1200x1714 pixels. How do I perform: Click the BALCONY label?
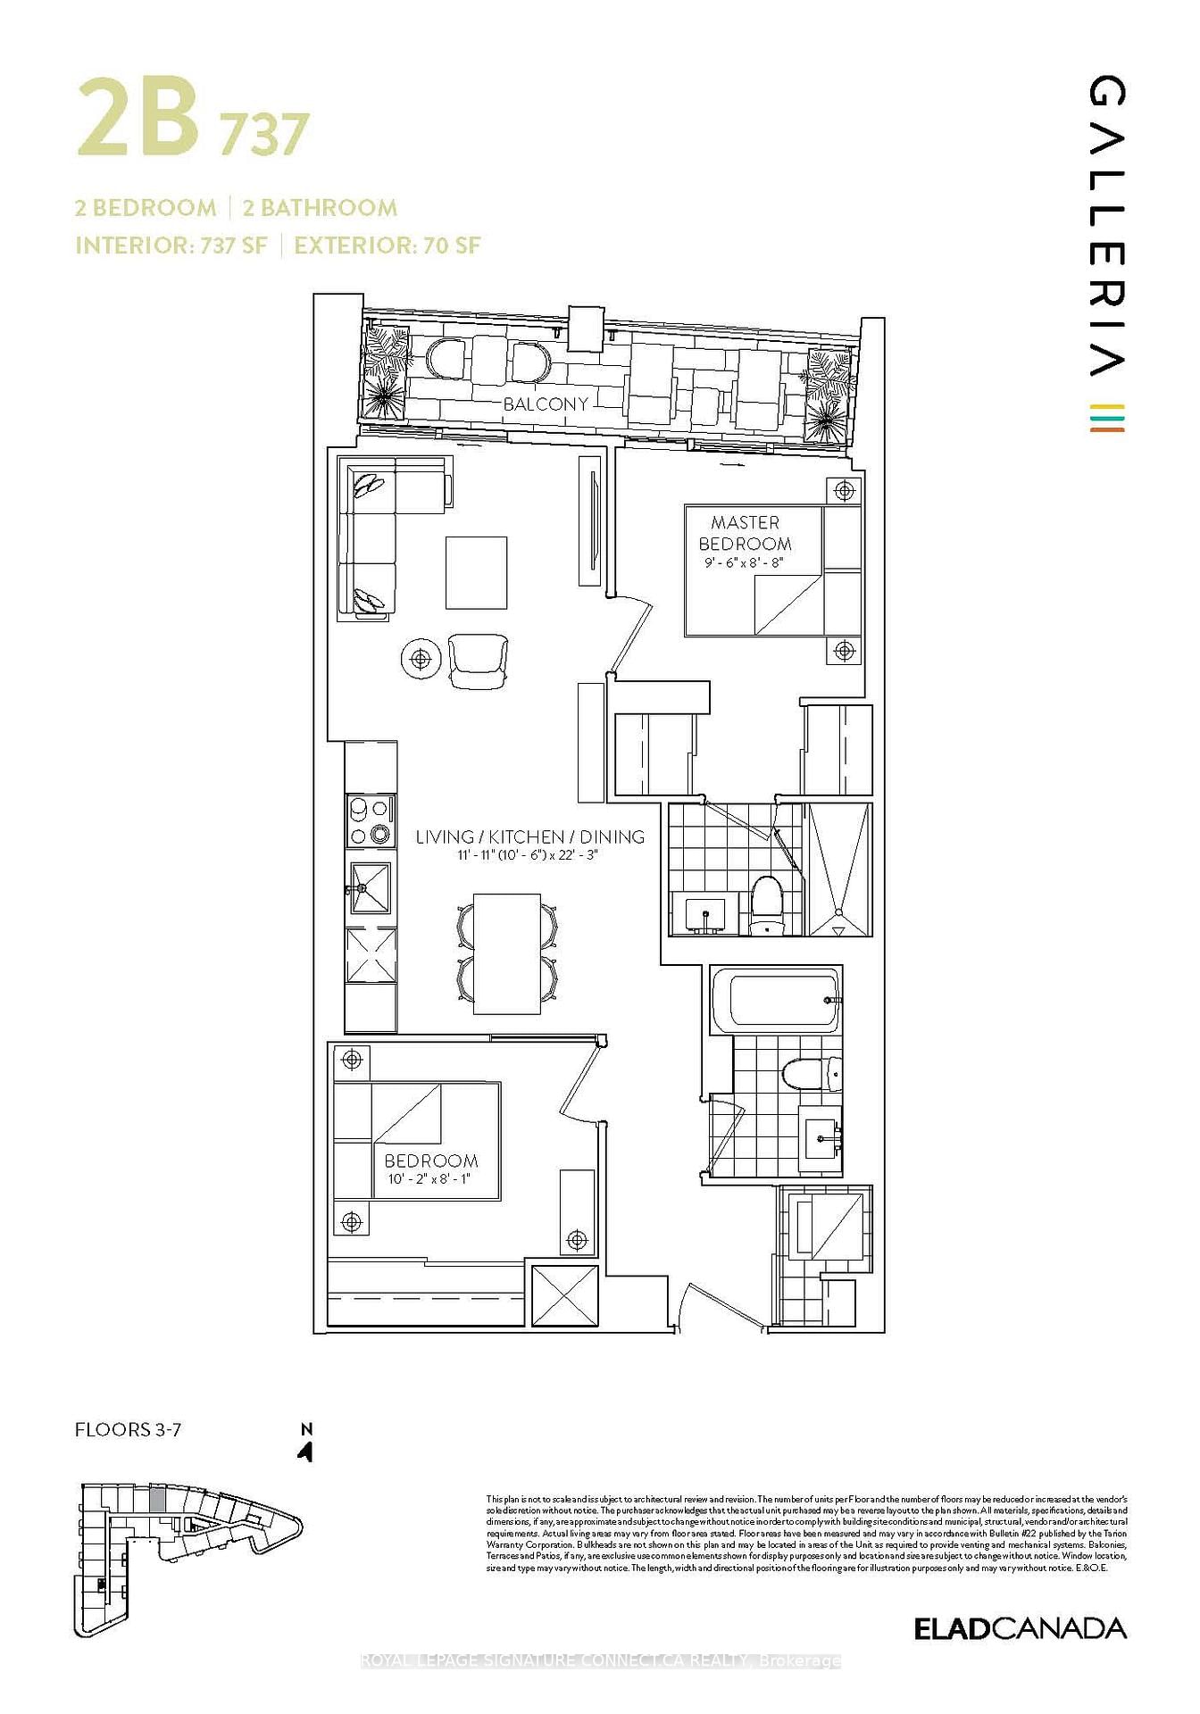pyautogui.click(x=546, y=404)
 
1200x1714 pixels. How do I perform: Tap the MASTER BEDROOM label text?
pyautogui.click(x=745, y=533)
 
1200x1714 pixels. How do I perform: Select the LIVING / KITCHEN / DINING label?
pyautogui.click(x=529, y=836)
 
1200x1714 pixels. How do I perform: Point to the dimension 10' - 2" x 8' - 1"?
pyautogui.click(x=429, y=1179)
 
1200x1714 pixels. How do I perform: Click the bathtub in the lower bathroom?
pyautogui.click(x=775, y=999)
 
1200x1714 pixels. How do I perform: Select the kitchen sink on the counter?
pyautogui.click(x=370, y=887)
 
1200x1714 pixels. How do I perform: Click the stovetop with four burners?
pyautogui.click(x=370, y=820)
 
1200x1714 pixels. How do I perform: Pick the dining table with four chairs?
pyautogui.click(x=506, y=953)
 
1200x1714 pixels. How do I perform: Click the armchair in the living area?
pyautogui.click(x=478, y=661)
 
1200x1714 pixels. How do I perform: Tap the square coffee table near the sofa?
pyautogui.click(x=476, y=572)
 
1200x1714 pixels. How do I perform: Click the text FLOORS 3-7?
pyautogui.click(x=128, y=1430)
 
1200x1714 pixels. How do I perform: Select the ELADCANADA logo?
pyautogui.click(x=1020, y=1628)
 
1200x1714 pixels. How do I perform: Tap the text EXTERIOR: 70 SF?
pyautogui.click(x=387, y=245)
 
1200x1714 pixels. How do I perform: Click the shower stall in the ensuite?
pyautogui.click(x=838, y=869)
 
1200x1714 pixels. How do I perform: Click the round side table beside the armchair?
pyautogui.click(x=421, y=659)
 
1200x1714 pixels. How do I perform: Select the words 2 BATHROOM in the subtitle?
pyautogui.click(x=320, y=208)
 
